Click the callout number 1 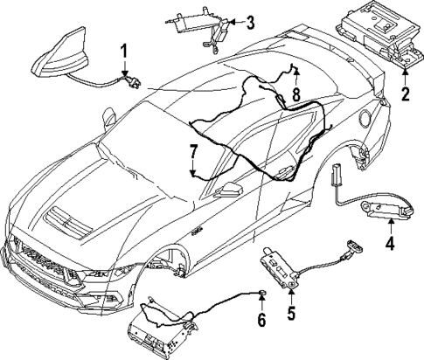pyautogui.click(x=124, y=51)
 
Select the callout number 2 pyautogui.click(x=405, y=93)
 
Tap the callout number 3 pyautogui.click(x=250, y=22)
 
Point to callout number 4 pyautogui.click(x=391, y=242)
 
